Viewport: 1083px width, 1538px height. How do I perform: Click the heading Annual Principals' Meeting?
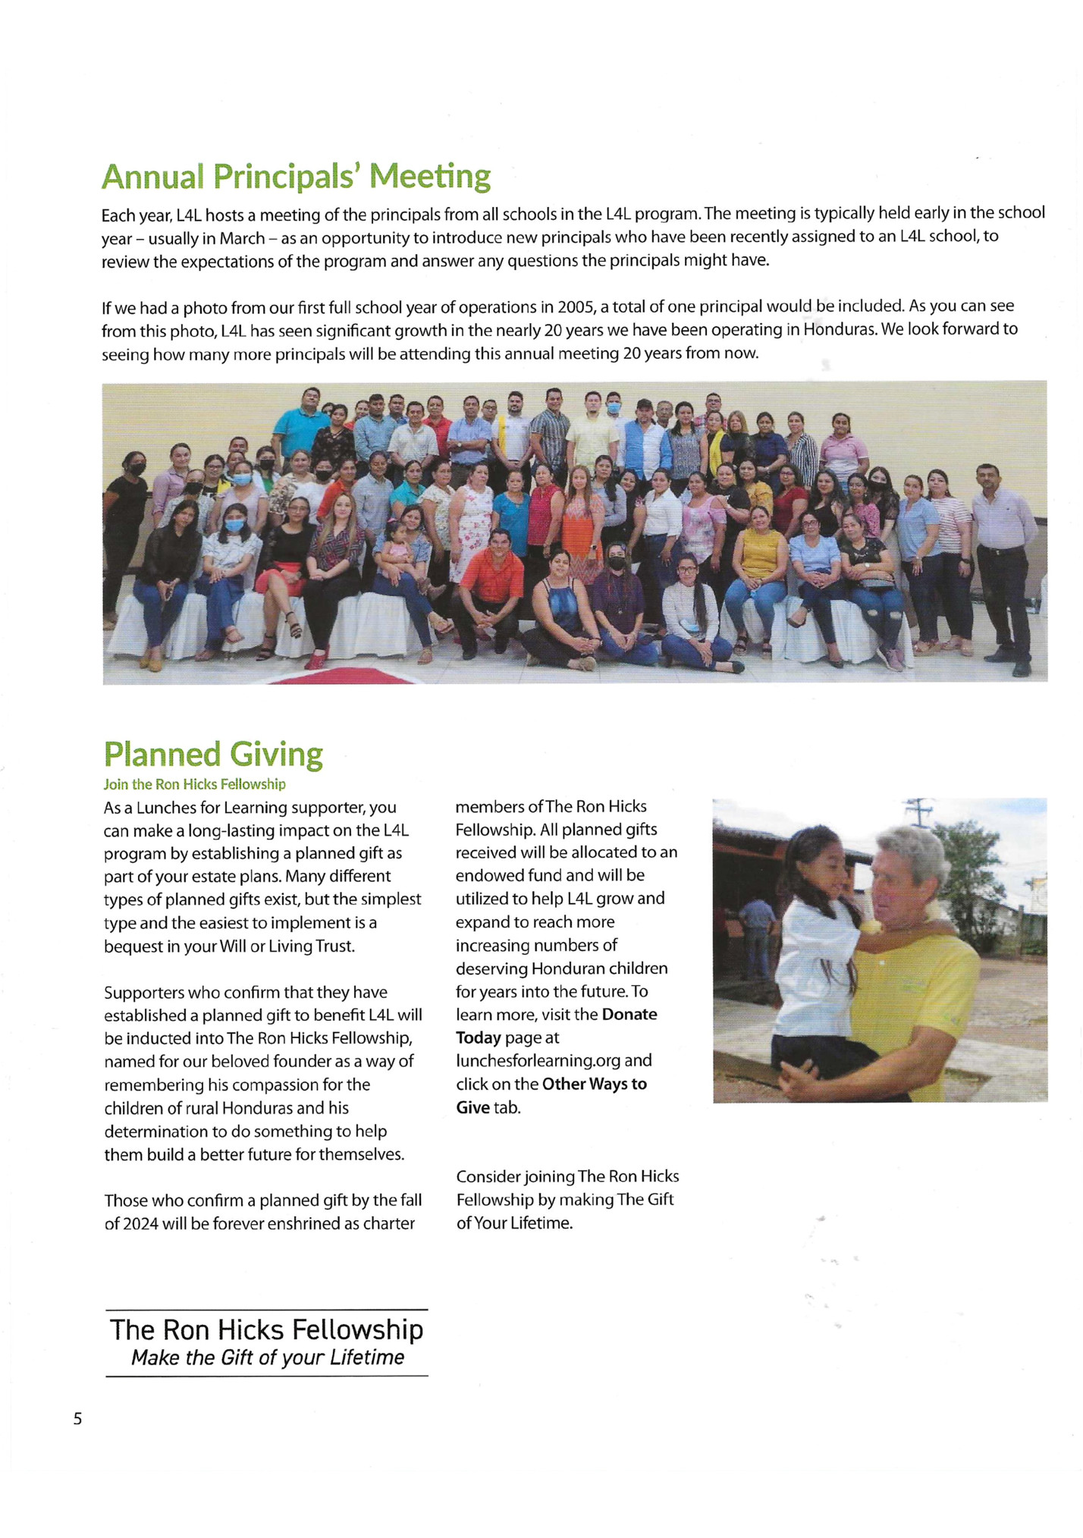tap(296, 177)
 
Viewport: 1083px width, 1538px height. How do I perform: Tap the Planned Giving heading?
tap(213, 754)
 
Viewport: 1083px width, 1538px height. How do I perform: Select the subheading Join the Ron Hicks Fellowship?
tap(194, 784)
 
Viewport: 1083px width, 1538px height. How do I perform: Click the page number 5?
tap(77, 1419)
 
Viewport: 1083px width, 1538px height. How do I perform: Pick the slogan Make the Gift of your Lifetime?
tap(268, 1358)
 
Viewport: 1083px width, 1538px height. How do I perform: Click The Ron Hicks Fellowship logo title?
tap(266, 1329)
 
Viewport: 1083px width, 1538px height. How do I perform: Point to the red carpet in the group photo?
tap(341, 675)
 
